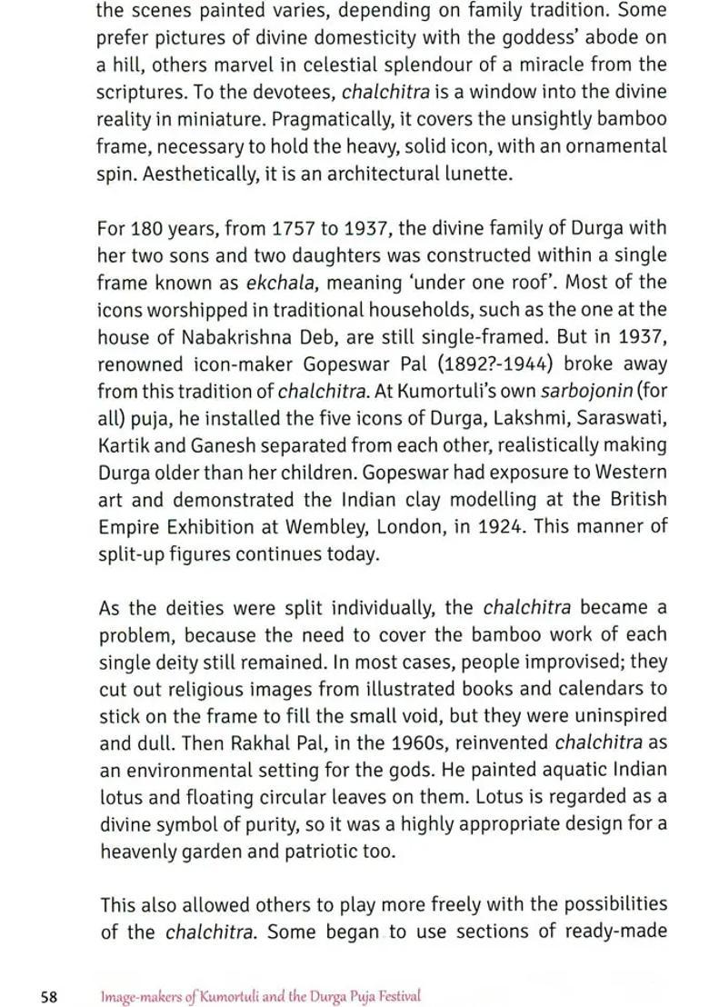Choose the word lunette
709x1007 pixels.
[x=474, y=173]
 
